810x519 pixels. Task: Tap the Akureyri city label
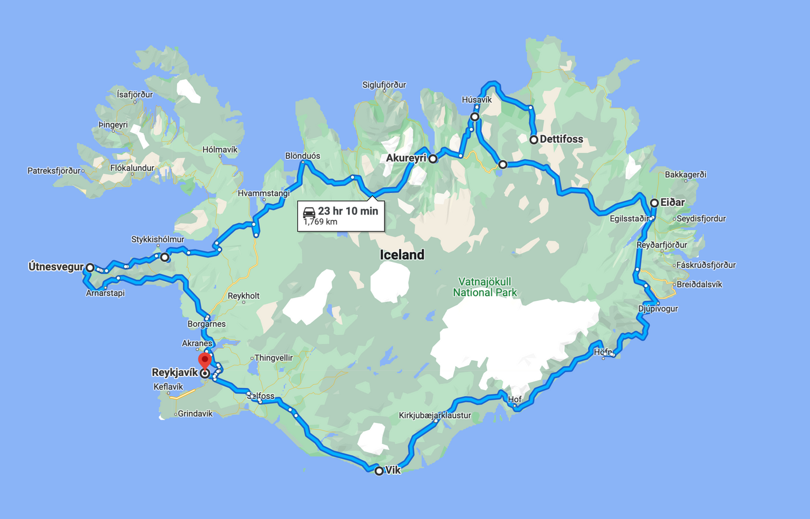click(x=406, y=158)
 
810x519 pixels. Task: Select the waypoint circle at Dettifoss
click(x=534, y=140)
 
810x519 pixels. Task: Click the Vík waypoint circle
click(x=379, y=471)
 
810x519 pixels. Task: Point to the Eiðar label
click(x=672, y=203)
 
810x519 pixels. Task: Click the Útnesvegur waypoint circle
click(x=90, y=267)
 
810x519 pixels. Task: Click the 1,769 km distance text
click(x=320, y=222)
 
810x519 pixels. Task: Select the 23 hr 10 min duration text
click(x=348, y=211)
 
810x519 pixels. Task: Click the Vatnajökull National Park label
click(x=485, y=287)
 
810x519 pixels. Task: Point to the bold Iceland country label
click(x=402, y=255)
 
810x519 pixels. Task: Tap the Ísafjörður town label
click(x=135, y=95)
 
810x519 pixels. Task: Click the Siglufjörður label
click(x=384, y=85)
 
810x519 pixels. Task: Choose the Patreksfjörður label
click(x=54, y=171)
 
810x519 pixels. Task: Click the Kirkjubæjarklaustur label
click(x=435, y=415)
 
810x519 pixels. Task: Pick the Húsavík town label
click(x=477, y=100)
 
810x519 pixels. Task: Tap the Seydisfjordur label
click(x=701, y=219)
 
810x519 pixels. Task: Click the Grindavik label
click(x=195, y=414)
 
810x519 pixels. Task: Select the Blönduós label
click(x=302, y=156)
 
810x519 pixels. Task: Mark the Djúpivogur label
click(x=658, y=309)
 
